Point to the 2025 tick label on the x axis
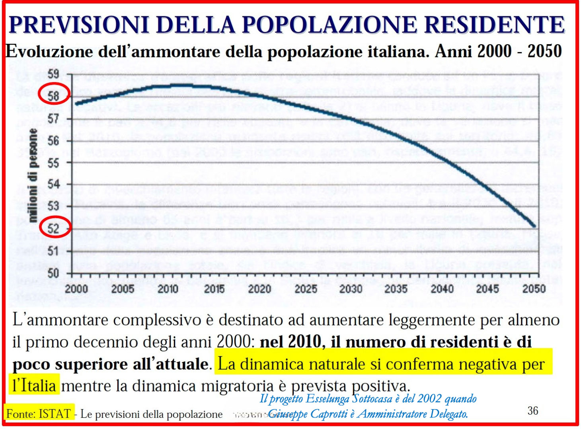305,289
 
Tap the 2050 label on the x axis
534,289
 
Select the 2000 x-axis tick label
76,289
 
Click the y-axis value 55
53,163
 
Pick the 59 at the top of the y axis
53,74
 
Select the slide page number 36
532,410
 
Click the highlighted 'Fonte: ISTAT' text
39,413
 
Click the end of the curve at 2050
534,226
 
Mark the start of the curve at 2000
76,104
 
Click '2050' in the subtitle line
544,51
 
